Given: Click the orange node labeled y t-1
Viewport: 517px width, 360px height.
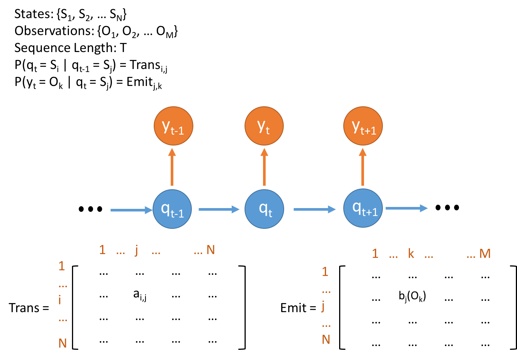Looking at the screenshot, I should point(173,126).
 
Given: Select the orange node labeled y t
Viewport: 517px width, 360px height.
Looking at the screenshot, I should point(264,126).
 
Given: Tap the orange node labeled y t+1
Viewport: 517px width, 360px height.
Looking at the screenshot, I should point(363,126).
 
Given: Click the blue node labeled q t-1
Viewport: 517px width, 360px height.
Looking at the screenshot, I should point(172,209).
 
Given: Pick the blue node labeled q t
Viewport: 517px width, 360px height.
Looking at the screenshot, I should point(264,209).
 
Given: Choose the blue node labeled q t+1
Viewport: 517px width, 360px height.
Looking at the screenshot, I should point(363,208).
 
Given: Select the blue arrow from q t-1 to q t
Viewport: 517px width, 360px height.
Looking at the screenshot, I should point(219,209).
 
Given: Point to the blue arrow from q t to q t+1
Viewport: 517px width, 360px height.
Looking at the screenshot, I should point(314,209).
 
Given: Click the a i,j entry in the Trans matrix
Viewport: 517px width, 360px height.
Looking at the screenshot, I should point(140,295).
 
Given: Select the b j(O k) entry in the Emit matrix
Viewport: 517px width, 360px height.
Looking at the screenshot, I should point(412,296).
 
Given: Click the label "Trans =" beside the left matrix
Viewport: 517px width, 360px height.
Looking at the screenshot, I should point(29,308).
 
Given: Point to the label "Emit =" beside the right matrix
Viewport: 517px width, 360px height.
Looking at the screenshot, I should point(298,308).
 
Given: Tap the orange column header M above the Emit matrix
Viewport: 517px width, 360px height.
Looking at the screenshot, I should point(485,253).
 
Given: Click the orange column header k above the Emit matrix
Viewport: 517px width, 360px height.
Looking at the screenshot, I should point(411,254).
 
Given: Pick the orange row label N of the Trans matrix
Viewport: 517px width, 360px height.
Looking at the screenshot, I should point(63,343).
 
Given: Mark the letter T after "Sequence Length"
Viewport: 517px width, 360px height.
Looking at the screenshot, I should point(123,48).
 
